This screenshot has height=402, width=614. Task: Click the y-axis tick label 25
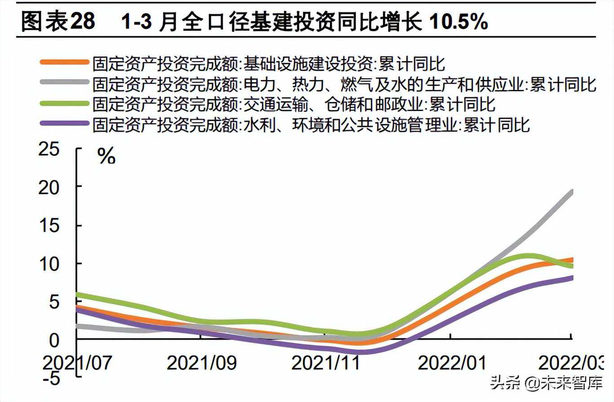click(49, 150)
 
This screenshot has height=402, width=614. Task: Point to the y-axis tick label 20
click(49, 188)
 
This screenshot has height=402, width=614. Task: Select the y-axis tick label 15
click(49, 226)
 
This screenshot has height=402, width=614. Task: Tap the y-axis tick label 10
click(49, 264)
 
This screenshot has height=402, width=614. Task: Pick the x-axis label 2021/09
click(201, 362)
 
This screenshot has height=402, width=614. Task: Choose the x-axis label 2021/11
click(325, 362)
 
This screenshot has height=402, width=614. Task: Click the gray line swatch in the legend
click(64, 82)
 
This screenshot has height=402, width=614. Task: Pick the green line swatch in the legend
click(64, 103)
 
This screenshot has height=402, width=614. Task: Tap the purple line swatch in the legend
click(64, 123)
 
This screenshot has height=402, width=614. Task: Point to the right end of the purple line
click(572, 278)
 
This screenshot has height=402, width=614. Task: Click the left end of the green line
click(77, 295)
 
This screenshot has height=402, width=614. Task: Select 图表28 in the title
click(58, 22)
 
